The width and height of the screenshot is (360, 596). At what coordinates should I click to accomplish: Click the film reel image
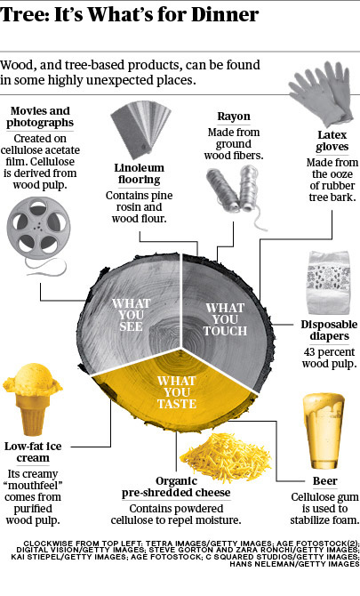click(x=38, y=228)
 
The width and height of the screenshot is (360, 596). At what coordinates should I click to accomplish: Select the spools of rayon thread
click(x=236, y=194)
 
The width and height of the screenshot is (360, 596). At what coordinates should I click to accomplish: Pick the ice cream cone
click(x=33, y=399)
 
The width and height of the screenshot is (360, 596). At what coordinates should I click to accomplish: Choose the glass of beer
click(x=324, y=431)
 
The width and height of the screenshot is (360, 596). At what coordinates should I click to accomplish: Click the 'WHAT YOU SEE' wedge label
click(x=131, y=315)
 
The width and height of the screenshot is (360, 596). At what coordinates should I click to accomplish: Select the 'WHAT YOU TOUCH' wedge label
click(x=225, y=319)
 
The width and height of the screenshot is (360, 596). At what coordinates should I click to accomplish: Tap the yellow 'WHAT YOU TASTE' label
click(x=177, y=392)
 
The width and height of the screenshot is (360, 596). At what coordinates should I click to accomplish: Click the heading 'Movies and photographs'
click(x=40, y=117)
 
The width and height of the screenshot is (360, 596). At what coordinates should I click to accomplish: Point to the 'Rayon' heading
click(x=234, y=117)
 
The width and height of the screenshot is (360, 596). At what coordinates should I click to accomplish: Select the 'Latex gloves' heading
click(x=332, y=141)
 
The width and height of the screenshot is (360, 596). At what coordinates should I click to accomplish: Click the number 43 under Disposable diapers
click(x=310, y=352)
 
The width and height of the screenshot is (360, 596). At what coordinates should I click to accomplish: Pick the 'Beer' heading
click(x=325, y=481)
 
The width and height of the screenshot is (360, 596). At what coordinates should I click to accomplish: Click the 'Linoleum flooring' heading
click(x=139, y=173)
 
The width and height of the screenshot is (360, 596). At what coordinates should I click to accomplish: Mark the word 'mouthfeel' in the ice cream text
click(x=34, y=486)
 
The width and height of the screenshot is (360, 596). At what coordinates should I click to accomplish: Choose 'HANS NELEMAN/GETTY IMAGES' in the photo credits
click(x=294, y=564)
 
